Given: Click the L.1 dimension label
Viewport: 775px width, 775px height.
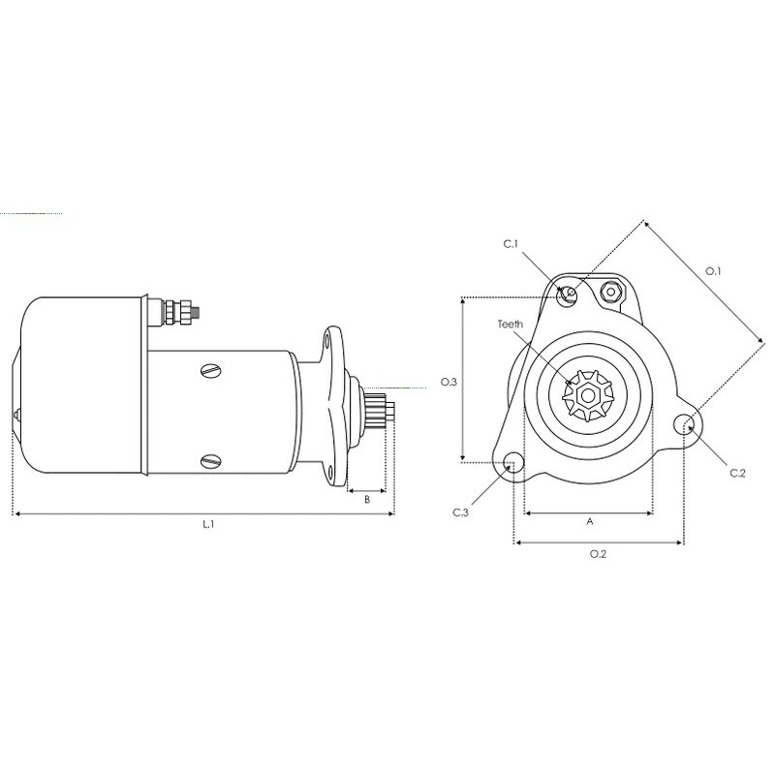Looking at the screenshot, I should coord(207,524).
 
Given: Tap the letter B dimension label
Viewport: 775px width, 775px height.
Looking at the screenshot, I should coord(367,499).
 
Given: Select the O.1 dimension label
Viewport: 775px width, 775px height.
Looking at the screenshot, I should coord(713,270).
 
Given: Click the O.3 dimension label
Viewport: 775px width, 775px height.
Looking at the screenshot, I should coord(448,383).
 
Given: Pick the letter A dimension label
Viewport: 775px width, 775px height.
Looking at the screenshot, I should coord(590,521).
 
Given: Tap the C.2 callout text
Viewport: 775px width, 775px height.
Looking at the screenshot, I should coord(737,473).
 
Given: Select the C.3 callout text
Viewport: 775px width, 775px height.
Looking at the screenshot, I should coord(461,511).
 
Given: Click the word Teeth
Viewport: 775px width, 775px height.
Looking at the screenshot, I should coord(511,325).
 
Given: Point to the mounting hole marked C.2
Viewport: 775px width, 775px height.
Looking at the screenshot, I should coord(686,423).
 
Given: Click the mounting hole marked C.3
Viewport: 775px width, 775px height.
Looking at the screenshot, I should coord(511,463).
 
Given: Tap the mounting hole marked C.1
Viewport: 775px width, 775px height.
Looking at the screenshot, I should coord(570,293).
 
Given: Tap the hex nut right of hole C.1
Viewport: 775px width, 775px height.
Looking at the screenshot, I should coord(610,292).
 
